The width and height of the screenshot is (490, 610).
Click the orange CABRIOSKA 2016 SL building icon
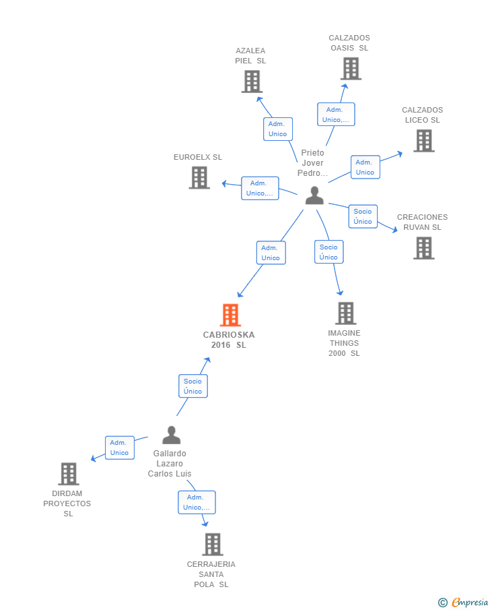(x=230, y=315)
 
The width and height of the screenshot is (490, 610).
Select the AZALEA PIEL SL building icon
(x=251, y=82)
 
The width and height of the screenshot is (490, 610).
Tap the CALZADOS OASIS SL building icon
(x=350, y=68)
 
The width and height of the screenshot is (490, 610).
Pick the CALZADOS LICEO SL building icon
(x=423, y=140)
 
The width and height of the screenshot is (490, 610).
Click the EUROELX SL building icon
(x=199, y=177)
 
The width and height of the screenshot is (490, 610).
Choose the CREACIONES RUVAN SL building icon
(x=423, y=248)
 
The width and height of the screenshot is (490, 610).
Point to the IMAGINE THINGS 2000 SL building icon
(x=345, y=313)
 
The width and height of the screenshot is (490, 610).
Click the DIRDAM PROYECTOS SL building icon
(x=68, y=474)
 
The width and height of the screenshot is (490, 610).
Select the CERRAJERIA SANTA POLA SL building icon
(x=212, y=544)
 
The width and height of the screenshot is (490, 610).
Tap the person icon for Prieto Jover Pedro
(x=314, y=195)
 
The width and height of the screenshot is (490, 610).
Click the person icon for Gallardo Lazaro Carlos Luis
(x=171, y=435)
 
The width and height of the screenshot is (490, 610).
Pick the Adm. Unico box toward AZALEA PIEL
(x=277, y=129)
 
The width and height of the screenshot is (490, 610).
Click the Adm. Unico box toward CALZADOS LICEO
(x=365, y=167)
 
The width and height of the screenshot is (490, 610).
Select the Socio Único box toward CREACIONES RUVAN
(x=362, y=216)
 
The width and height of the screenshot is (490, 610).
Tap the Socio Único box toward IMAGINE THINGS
(x=328, y=252)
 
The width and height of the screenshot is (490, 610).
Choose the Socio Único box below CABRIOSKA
(x=193, y=386)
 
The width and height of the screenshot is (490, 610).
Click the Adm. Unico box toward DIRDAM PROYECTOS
(x=119, y=448)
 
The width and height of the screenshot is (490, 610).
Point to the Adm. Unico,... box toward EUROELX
(x=260, y=188)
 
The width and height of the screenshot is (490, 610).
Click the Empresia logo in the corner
(x=463, y=602)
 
